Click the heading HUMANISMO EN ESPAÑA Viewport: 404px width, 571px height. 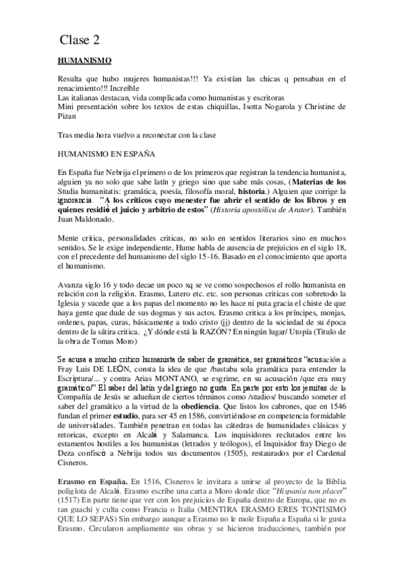[x=107, y=154]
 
